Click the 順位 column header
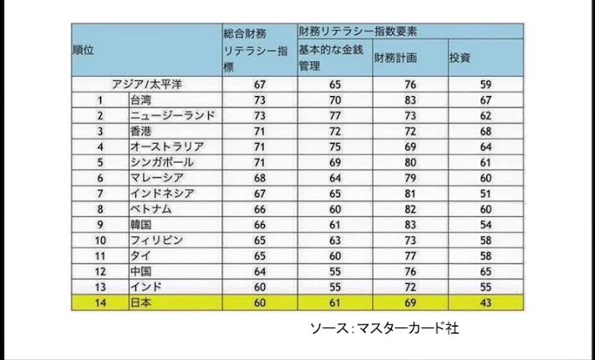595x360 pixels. [83, 49]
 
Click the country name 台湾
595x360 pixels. [140, 99]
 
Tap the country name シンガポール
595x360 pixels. [162, 161]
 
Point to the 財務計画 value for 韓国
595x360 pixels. [410, 224]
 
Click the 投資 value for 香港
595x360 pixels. [484, 130]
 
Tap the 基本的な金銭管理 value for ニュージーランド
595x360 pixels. [334, 114]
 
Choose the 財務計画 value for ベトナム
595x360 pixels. [410, 208]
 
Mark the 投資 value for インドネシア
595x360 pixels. [484, 193]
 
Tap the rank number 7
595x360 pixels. [99, 193]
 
